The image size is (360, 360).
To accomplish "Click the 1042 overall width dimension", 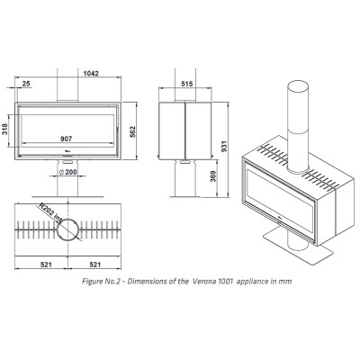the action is (91, 74).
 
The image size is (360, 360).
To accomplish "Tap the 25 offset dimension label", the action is (26, 84).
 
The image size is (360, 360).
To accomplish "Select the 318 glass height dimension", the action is (5, 130).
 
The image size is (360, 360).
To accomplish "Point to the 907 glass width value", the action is (67, 139).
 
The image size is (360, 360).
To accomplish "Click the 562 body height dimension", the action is (132, 131).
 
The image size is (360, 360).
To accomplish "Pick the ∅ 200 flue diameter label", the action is (67, 172).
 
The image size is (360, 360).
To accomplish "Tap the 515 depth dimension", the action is (186, 84).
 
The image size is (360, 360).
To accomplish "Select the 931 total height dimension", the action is (225, 146).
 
